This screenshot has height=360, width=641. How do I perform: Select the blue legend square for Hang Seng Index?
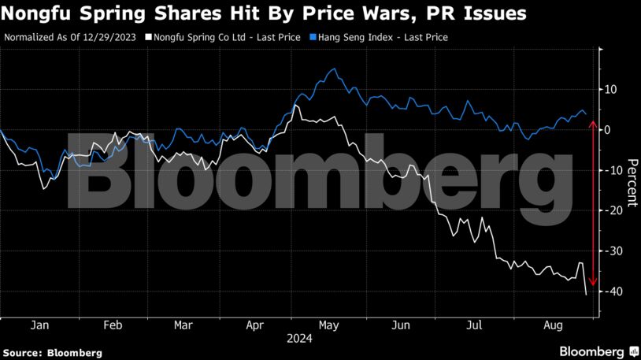[313, 37]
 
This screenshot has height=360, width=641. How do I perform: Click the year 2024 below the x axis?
[299, 340]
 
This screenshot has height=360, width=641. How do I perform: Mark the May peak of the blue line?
[336, 69]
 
